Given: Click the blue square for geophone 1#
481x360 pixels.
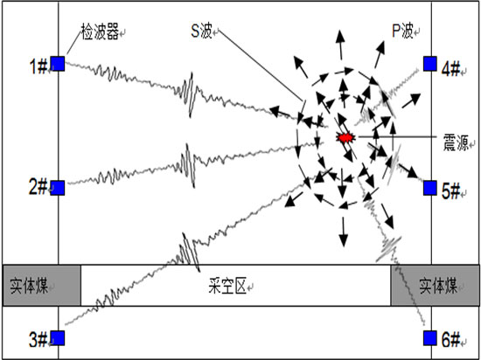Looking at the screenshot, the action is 58,64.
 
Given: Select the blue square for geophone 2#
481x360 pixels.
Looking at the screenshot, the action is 58,188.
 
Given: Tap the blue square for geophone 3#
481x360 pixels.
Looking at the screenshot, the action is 58,338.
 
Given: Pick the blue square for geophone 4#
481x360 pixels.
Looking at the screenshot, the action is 430,64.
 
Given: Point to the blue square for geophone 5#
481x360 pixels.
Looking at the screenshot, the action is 430,188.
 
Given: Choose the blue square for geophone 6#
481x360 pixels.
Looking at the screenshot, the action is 430,338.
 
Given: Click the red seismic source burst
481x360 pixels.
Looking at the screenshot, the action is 346,137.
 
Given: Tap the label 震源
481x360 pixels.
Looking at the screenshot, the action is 456,142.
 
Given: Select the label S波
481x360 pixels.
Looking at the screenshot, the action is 201,31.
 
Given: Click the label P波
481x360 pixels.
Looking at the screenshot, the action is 402,31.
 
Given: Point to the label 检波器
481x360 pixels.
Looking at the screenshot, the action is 100,31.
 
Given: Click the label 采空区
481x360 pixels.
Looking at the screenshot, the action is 227,286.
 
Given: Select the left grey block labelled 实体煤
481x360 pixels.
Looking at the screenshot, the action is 42,286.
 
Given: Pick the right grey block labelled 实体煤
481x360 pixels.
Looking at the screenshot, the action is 435,286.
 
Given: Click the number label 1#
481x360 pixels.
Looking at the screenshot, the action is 38,66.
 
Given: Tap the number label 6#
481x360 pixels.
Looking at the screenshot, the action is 451,340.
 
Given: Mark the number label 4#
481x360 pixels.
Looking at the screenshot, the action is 451,68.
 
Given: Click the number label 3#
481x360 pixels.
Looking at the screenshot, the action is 38,340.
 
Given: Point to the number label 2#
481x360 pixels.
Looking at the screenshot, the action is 38,187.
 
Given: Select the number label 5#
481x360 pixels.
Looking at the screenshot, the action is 451,191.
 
